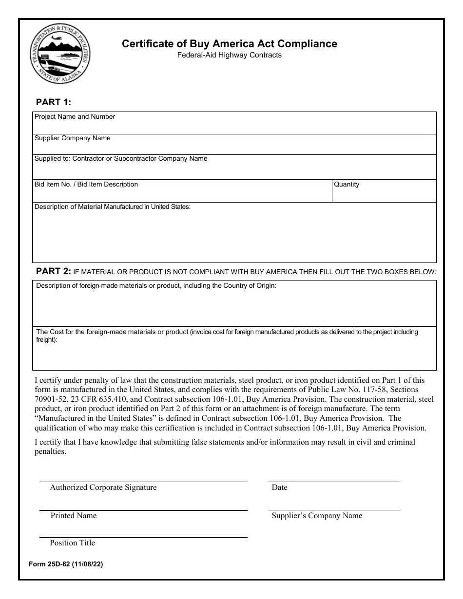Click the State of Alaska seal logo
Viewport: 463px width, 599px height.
(x=60, y=55)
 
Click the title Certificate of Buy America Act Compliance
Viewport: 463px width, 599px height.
(x=229, y=44)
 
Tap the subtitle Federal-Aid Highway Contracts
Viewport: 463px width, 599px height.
(x=229, y=55)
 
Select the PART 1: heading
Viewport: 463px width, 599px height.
(x=54, y=102)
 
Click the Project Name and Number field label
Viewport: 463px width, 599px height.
(x=75, y=117)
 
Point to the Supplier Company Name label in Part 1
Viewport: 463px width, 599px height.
(x=72, y=138)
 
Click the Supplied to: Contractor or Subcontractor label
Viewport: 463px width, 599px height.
(x=121, y=159)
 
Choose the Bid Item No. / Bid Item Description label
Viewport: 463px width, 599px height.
(x=86, y=185)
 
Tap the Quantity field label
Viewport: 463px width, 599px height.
(x=347, y=185)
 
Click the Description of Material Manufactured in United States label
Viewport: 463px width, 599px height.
(x=113, y=207)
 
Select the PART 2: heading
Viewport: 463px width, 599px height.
(x=54, y=271)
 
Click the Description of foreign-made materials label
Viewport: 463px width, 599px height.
(x=156, y=286)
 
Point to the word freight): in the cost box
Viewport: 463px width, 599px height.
(x=47, y=340)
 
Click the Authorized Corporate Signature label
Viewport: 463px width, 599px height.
(x=103, y=487)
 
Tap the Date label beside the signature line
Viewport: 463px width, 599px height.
(x=280, y=487)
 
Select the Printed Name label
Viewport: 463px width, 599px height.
(x=74, y=516)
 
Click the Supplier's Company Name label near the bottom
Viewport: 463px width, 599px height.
(x=317, y=516)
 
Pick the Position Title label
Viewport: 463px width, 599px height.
(x=73, y=543)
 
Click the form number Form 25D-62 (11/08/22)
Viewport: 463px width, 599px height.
(x=66, y=565)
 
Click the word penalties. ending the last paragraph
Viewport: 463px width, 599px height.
(x=50, y=451)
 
